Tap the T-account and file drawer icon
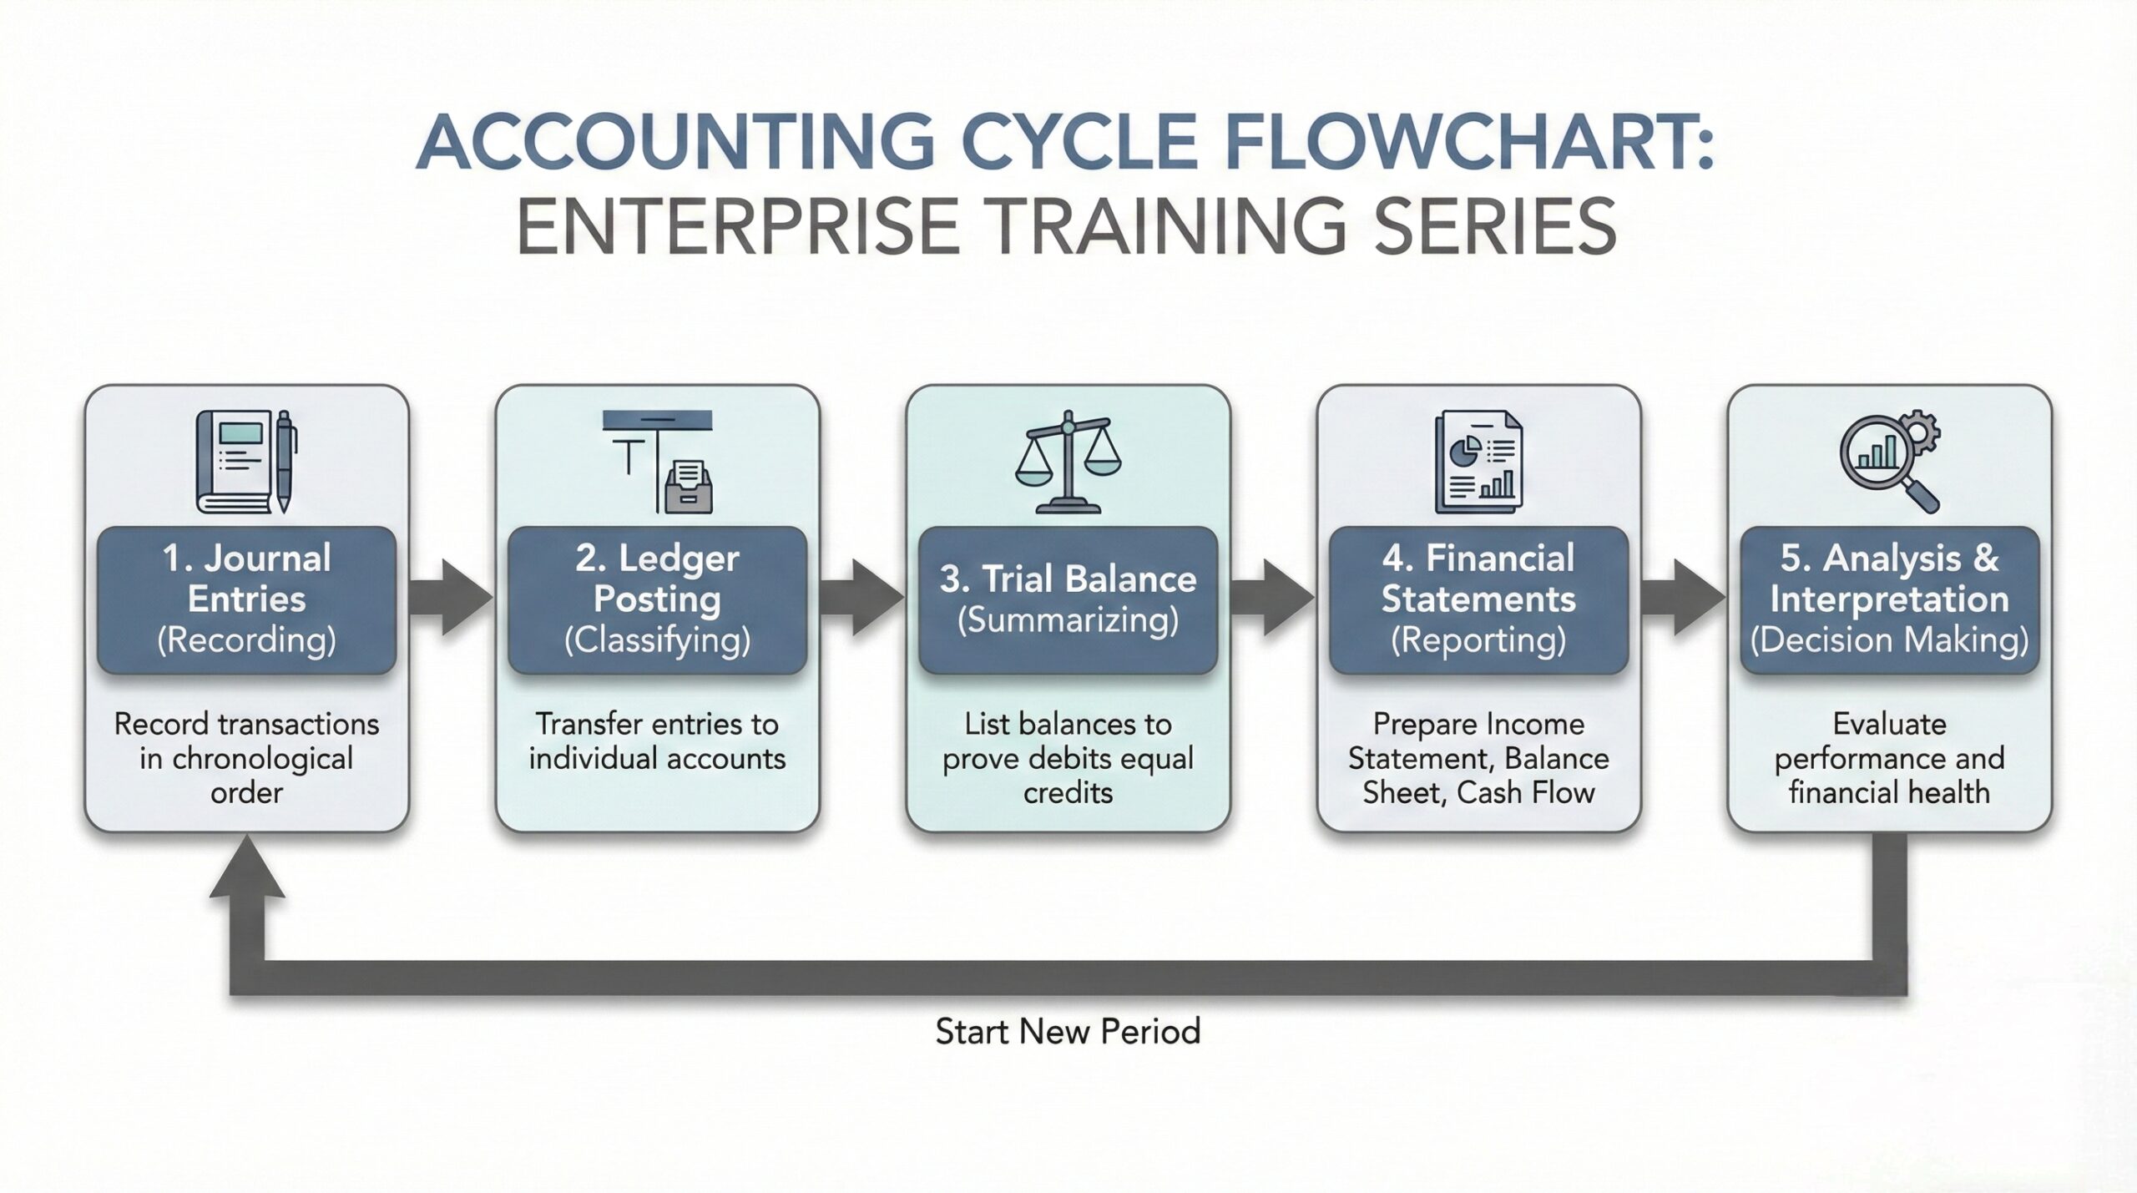click(659, 461)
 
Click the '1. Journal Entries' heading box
click(246, 599)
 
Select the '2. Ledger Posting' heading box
click(657, 599)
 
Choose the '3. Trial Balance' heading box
click(1068, 599)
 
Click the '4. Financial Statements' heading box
click(1478, 599)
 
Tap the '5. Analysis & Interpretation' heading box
click(1889, 599)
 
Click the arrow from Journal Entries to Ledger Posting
click(451, 598)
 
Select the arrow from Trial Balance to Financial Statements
click(1272, 598)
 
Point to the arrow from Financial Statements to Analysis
click(1683, 598)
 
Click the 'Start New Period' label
click(1068, 1032)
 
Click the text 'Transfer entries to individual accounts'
click(657, 741)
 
